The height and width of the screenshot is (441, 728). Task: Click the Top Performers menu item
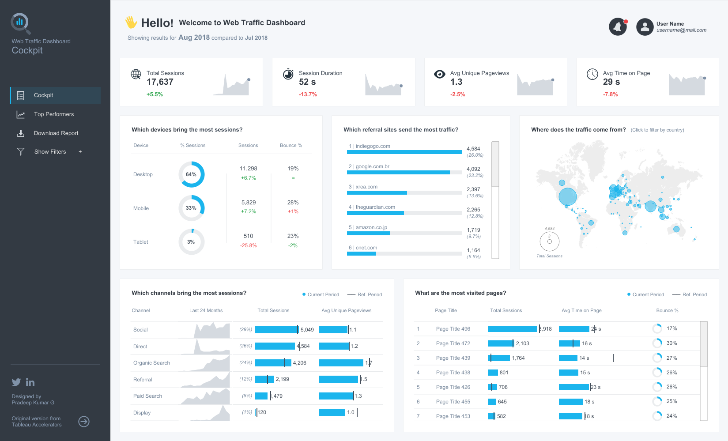[53, 114]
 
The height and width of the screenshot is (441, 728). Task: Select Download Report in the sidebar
[56, 133]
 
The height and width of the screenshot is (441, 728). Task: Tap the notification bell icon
[618, 27]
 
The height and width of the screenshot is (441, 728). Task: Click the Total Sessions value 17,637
[160, 82]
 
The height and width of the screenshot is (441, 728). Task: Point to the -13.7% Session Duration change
[308, 94]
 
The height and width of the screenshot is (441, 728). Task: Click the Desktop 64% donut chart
[191, 174]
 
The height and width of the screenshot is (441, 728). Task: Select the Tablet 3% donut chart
[191, 242]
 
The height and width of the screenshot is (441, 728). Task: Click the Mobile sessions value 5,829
[249, 203]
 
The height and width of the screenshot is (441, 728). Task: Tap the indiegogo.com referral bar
[404, 152]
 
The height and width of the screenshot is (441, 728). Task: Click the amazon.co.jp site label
[371, 227]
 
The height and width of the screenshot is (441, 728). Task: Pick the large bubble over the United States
[567, 196]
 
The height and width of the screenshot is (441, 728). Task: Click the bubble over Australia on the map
[676, 229]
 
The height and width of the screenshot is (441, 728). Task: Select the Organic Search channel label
[151, 363]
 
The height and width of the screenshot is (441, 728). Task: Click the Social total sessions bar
[276, 330]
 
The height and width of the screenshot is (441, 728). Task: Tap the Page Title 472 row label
[453, 343]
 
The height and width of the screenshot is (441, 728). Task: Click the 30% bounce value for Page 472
[671, 343]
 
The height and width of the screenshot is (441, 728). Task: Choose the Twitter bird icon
[16, 382]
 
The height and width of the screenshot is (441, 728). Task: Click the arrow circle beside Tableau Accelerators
[84, 422]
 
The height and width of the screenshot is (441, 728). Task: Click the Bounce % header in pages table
[667, 311]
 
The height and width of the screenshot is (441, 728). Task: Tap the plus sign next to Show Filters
[80, 152]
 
